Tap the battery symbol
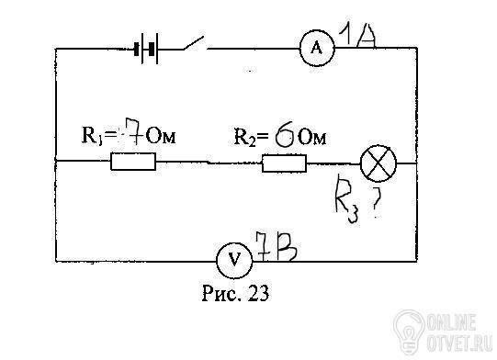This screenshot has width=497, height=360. pos(146,49)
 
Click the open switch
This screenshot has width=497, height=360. pos(194,44)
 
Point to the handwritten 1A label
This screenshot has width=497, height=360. pos(357,36)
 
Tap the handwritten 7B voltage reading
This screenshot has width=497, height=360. pos(277,246)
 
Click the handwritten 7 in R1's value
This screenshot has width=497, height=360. pos(133,131)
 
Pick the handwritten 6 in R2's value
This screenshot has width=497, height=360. pos(286,136)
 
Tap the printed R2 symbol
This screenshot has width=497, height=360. pos(244,137)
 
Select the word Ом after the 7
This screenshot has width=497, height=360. pos(162,136)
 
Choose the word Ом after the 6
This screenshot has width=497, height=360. pos(312,137)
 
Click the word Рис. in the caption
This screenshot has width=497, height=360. pos(220,292)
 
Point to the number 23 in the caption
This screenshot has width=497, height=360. pos(259,292)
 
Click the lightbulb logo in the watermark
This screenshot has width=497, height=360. pos(409,332)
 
